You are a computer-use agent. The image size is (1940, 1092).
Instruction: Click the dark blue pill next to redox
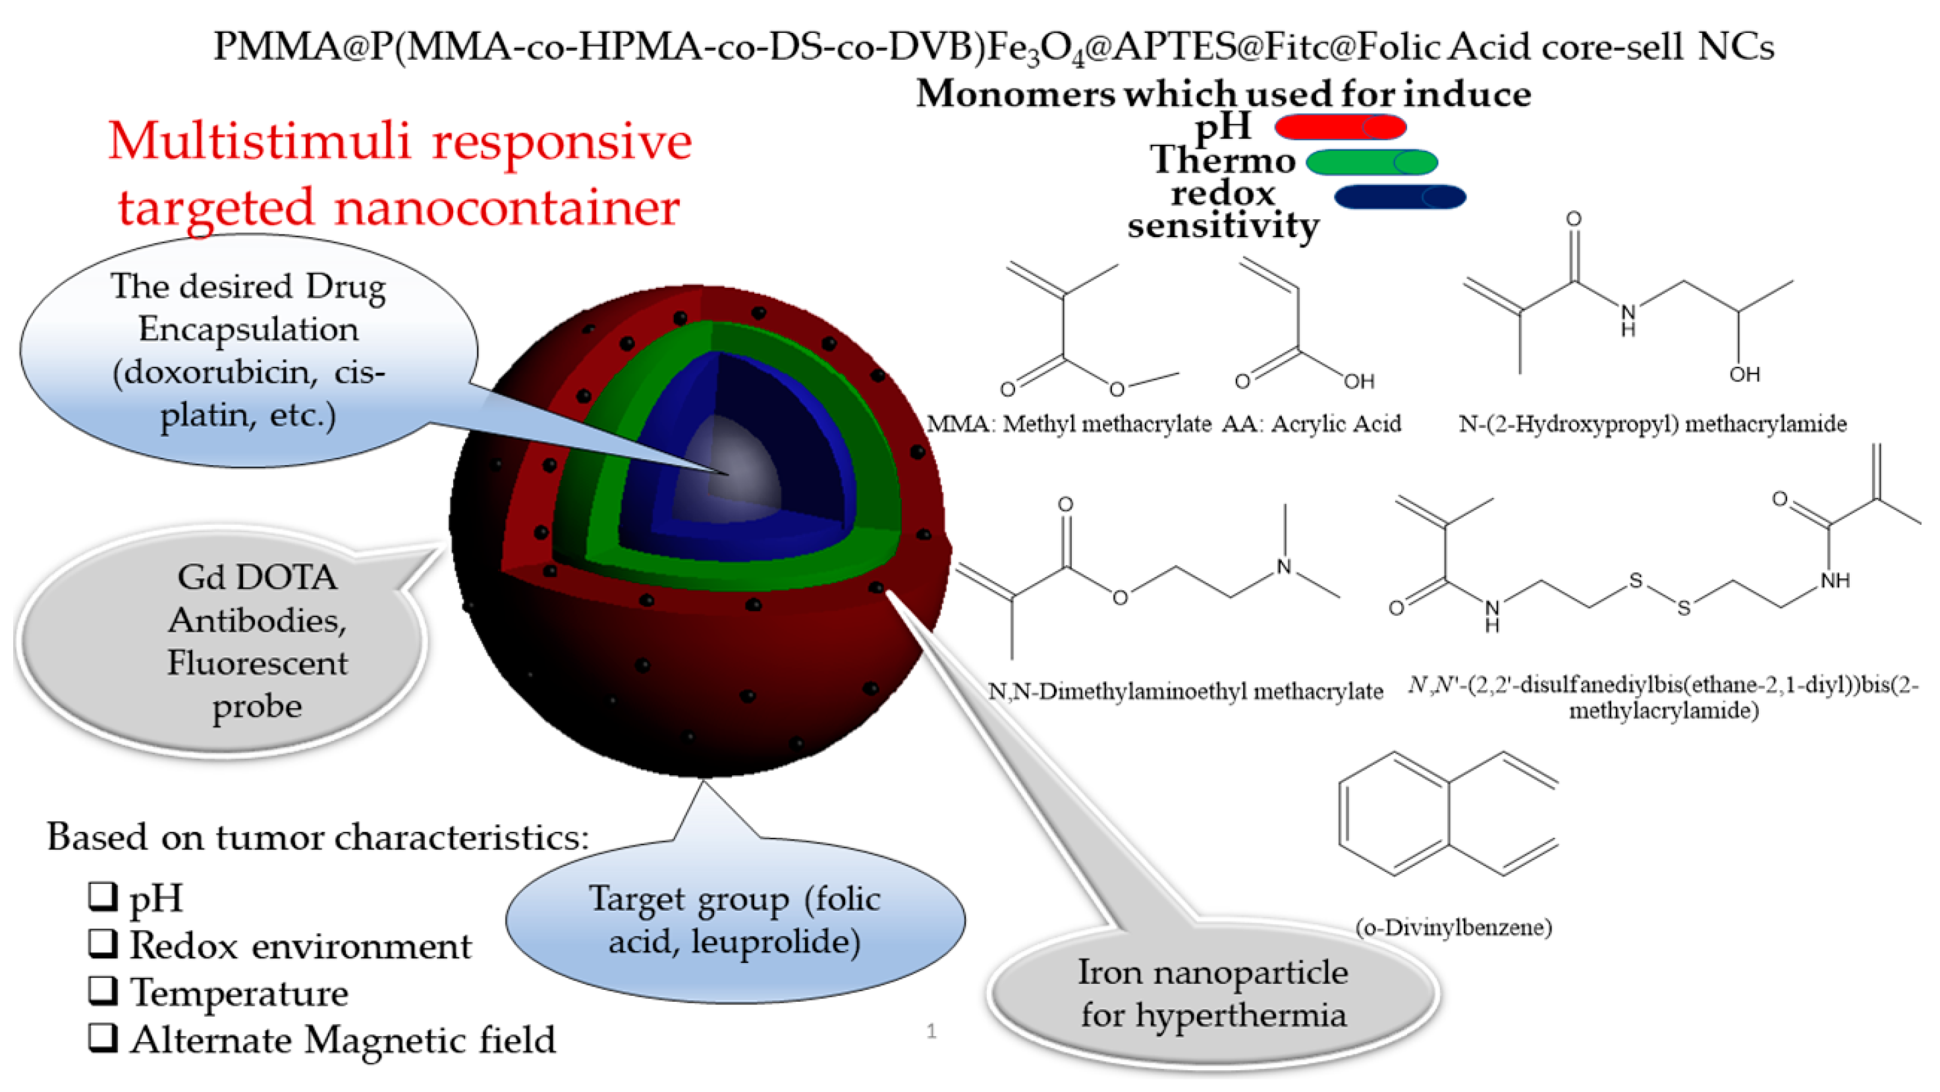tap(1399, 196)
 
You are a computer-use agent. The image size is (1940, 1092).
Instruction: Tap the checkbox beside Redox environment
tap(103, 943)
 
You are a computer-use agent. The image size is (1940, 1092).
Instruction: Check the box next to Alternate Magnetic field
tap(103, 1037)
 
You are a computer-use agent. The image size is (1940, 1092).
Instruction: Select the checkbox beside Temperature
tap(103, 991)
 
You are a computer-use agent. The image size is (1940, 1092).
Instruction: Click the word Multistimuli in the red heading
tap(260, 142)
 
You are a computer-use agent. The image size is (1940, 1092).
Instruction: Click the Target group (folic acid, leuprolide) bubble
tap(734, 920)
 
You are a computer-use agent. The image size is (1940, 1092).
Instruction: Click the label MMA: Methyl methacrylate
tap(1068, 424)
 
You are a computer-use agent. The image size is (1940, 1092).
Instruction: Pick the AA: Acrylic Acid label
tap(1310, 424)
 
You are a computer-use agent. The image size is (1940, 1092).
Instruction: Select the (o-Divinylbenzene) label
tap(1453, 927)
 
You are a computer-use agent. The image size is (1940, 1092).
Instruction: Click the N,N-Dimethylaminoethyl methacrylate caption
tap(1185, 692)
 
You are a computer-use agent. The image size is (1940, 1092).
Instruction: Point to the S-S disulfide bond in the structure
tap(1659, 593)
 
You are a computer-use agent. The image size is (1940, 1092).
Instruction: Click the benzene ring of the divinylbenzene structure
tap(1393, 814)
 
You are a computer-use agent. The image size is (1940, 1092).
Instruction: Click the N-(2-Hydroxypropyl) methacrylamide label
tap(1652, 424)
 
